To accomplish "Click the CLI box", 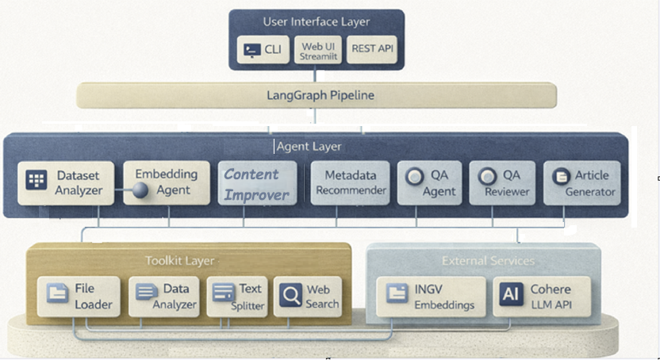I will tap(263, 50).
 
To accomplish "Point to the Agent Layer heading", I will tap(309, 147).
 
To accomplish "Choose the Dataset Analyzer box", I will tap(67, 183).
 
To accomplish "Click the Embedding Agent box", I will tap(165, 183).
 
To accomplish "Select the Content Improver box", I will tap(257, 184).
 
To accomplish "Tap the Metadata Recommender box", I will tap(350, 183).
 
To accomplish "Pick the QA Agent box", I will tap(428, 183).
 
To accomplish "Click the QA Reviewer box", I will tap(502, 183).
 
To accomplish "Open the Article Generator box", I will tap(583, 183).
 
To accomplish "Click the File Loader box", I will tap(79, 297).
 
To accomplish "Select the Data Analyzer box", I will tap(163, 297).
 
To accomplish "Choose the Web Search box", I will tap(309, 297).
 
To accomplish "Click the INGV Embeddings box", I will tap(431, 297).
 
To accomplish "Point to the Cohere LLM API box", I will tap(543, 297).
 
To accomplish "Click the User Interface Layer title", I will tap(316, 21).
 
